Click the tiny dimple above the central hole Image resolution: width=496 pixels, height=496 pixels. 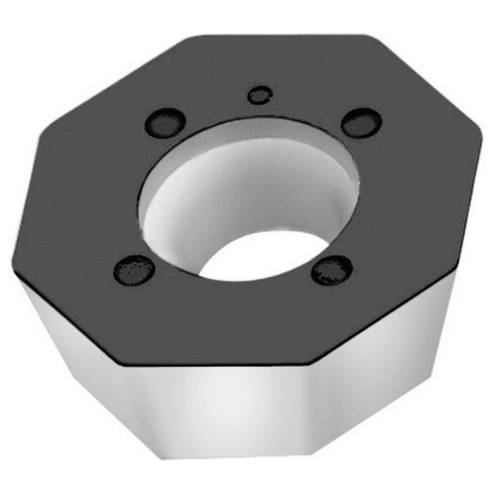pos(260,95)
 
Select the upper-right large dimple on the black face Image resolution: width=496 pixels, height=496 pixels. pos(361,122)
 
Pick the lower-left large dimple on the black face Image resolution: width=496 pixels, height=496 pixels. pos(134,269)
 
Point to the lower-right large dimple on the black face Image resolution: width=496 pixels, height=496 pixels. pos(331,269)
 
